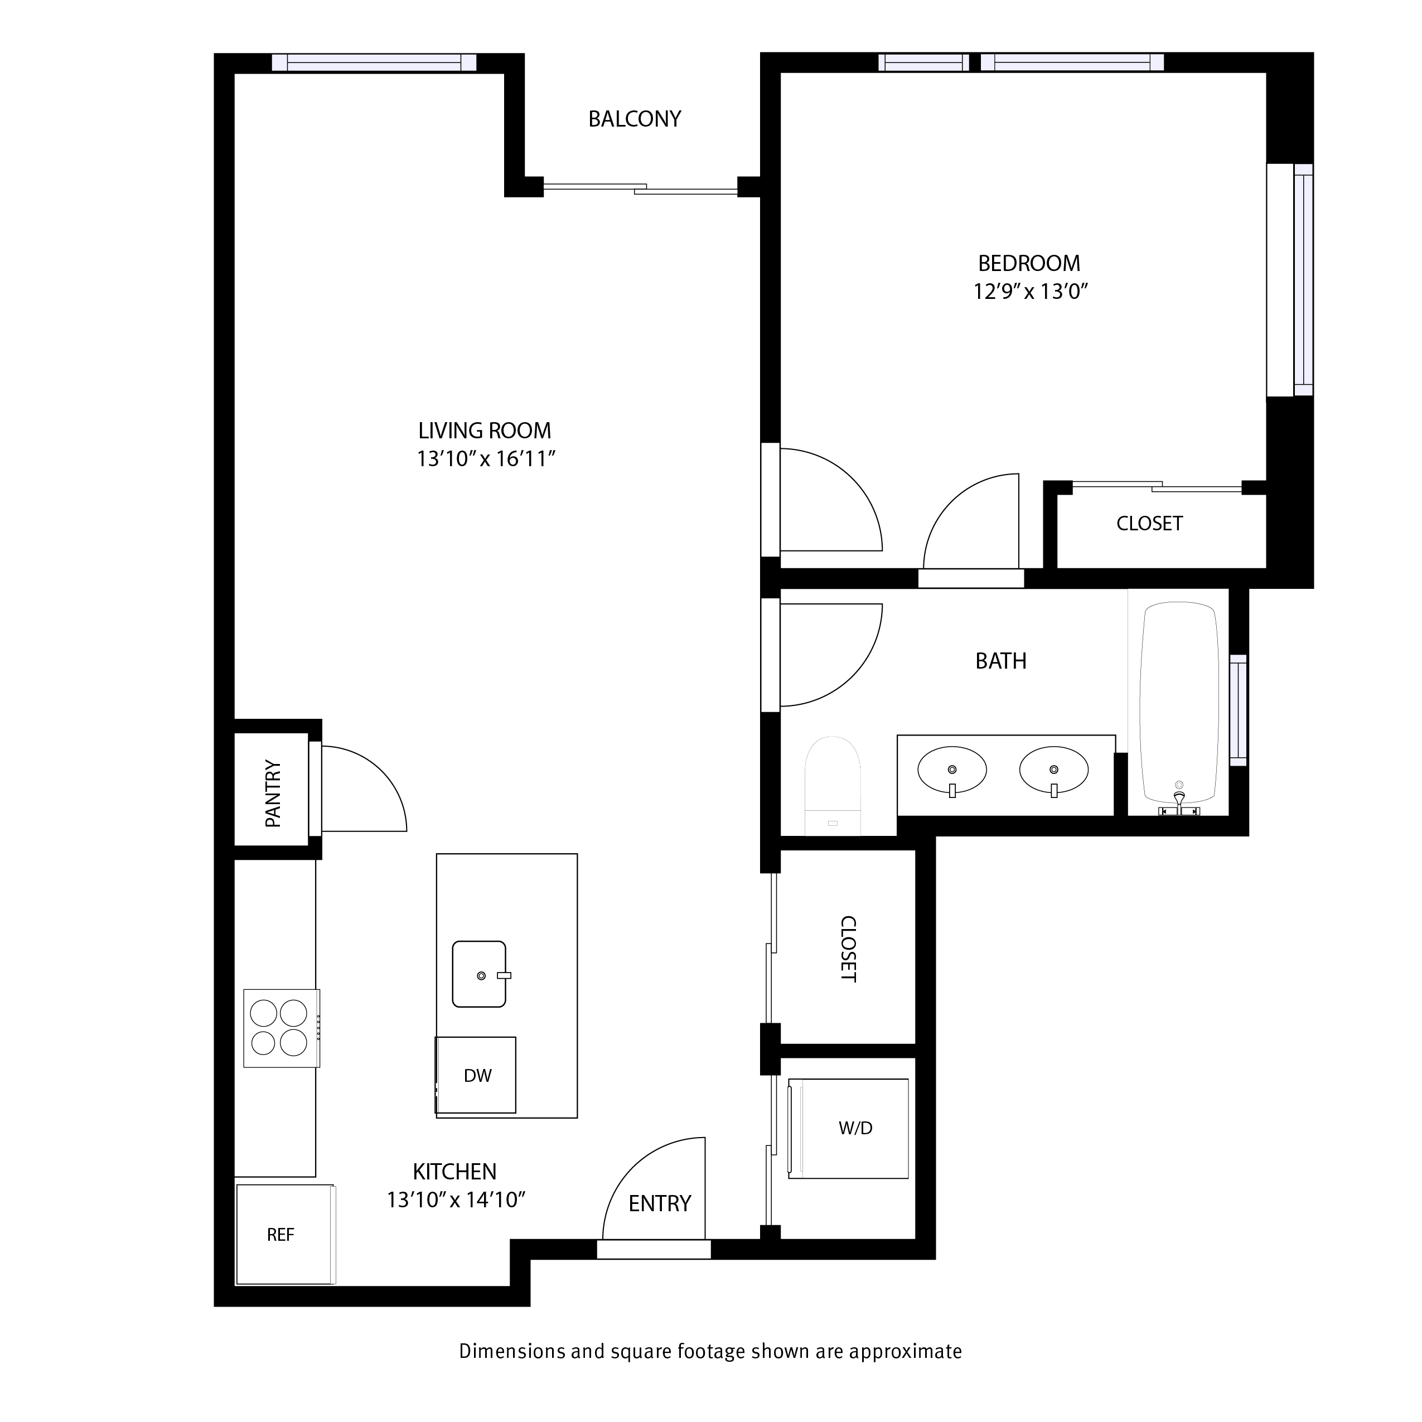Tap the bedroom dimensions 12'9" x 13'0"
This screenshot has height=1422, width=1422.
1031,292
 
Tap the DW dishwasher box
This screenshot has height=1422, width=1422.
476,1075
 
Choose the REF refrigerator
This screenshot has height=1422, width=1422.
285,1234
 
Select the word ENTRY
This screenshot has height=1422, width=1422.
660,1203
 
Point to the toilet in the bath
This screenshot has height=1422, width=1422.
833,786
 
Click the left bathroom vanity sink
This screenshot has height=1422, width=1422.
952,771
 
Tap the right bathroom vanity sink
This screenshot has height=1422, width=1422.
1053,771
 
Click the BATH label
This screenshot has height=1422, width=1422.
1001,661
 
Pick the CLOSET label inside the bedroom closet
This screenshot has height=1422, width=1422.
1149,523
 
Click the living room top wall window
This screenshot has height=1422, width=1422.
374,62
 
